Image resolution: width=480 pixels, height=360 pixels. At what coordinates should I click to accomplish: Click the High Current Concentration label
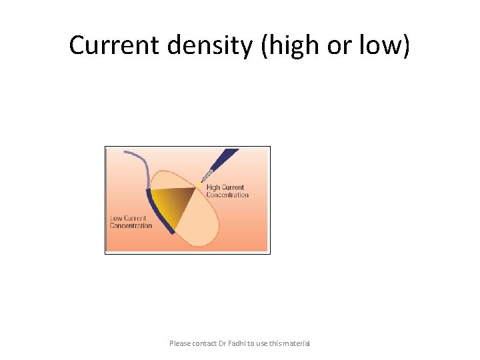[x=227, y=191]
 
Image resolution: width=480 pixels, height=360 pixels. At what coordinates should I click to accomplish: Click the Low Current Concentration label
[x=131, y=222]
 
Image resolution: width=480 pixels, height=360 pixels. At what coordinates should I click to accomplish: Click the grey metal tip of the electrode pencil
[x=207, y=175]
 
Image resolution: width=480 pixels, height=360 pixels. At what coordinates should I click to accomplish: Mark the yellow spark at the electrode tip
[x=198, y=184]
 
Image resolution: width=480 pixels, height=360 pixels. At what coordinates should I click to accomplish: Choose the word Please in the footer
[x=180, y=343]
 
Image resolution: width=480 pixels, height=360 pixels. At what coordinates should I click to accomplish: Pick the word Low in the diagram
[x=116, y=219]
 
